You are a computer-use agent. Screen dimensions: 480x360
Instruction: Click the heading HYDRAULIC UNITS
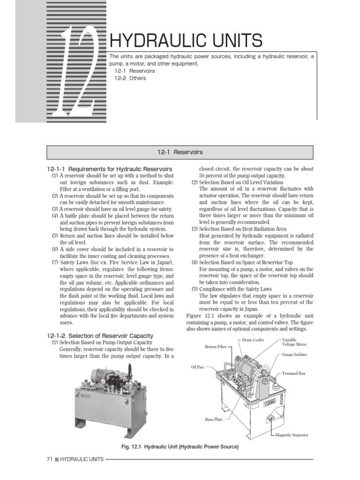[186, 41]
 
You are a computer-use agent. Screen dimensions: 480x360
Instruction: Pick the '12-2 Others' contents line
[130, 78]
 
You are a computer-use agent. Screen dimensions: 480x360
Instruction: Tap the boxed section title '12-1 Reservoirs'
[180, 152]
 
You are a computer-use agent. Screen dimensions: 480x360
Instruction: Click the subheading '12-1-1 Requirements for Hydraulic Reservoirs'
[110, 169]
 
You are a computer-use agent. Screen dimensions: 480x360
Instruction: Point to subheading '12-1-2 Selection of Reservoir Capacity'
[100, 336]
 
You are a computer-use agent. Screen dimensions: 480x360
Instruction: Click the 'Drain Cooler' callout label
[254, 339]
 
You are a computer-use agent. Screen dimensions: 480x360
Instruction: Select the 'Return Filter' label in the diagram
[216, 347]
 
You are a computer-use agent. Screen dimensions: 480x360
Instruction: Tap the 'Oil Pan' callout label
[197, 367]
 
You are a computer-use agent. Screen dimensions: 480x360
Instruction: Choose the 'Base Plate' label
[214, 419]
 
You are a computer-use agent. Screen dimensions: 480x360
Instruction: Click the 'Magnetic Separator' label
[292, 435]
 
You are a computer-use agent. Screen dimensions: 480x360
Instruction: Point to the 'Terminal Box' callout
[294, 374]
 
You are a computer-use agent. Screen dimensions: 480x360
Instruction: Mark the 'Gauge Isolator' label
[295, 355]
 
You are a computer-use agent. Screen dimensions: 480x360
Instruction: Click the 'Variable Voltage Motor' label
[295, 342]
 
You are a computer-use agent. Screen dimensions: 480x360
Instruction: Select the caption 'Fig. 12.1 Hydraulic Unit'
[180, 447]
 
